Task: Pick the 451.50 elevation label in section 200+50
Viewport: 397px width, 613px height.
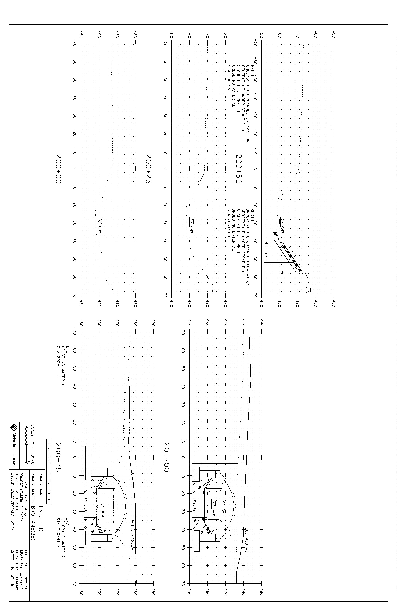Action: pos(266,249)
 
